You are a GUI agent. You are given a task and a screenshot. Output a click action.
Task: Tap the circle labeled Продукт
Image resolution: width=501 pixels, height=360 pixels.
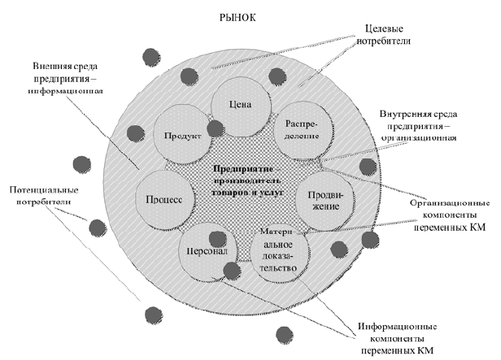[x=181, y=135]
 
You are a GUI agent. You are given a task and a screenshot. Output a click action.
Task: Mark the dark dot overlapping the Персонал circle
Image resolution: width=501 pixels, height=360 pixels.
[x=217, y=239]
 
